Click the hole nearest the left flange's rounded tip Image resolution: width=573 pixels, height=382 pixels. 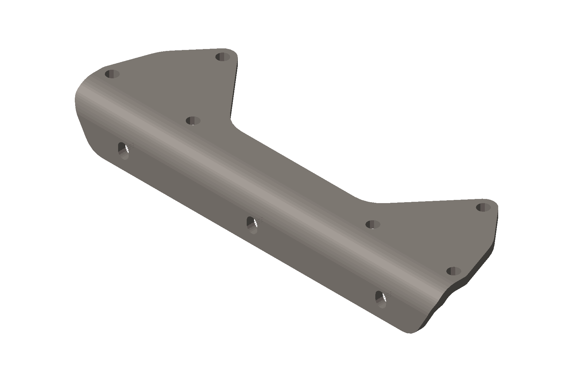223,57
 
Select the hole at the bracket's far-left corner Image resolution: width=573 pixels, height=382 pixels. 112,74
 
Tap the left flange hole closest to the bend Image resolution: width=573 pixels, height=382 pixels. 193,121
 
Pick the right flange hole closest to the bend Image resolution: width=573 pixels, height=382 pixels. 373,224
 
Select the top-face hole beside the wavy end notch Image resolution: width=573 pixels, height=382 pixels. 454,271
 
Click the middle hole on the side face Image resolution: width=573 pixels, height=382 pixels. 252,224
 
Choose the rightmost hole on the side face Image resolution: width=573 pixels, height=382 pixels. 381,299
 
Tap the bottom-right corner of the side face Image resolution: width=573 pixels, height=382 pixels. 411,333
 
